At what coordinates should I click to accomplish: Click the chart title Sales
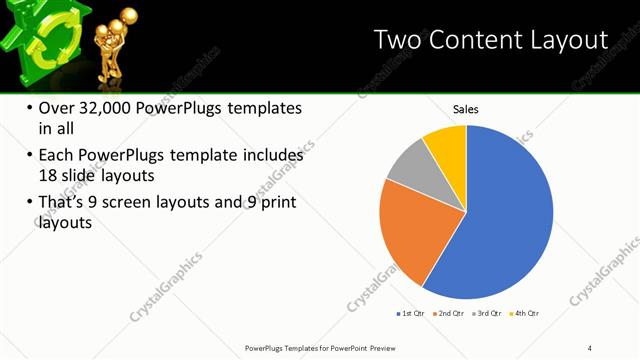[466, 108]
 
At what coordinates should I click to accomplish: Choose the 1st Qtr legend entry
[409, 314]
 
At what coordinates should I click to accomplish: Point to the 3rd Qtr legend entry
[486, 314]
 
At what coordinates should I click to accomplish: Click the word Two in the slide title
[397, 40]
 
